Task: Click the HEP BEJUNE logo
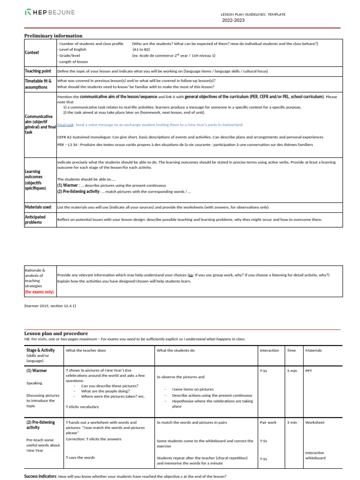point(49,12)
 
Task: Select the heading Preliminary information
point(53,36)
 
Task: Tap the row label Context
point(32,52)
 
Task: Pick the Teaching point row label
point(38,71)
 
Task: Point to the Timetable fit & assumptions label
point(38,84)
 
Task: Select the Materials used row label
point(38,207)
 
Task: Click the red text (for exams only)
point(39,292)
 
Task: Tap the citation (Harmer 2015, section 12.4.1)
point(50,306)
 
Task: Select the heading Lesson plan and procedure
point(56,333)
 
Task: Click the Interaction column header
point(269,350)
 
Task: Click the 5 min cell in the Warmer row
point(292,371)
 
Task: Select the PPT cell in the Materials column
point(308,371)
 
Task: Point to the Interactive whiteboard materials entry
point(315,456)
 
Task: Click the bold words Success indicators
point(40,476)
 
